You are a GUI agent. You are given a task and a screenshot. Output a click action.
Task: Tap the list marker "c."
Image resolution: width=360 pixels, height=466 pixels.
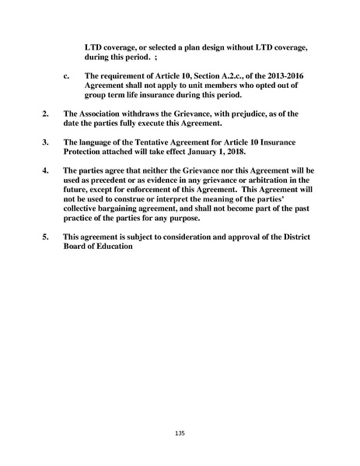pyautogui.click(x=66, y=76)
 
